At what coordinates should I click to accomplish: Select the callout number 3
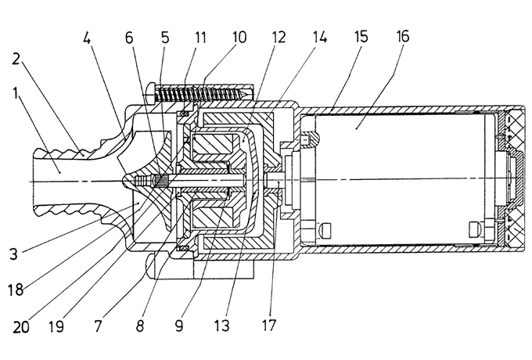13,254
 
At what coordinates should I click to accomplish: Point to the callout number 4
87,38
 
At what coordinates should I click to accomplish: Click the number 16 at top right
402,36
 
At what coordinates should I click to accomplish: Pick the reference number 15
361,36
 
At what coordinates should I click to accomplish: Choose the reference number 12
278,37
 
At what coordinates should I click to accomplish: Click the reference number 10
239,37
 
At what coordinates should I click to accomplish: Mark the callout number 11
199,37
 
